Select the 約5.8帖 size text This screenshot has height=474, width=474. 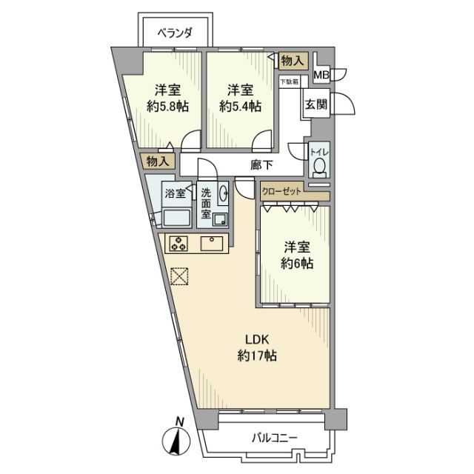(x=167, y=107)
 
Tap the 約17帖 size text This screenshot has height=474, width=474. (x=256, y=356)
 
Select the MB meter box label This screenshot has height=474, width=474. (x=321, y=75)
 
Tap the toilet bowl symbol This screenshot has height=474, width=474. (x=318, y=163)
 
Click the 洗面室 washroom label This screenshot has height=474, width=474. (x=206, y=204)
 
